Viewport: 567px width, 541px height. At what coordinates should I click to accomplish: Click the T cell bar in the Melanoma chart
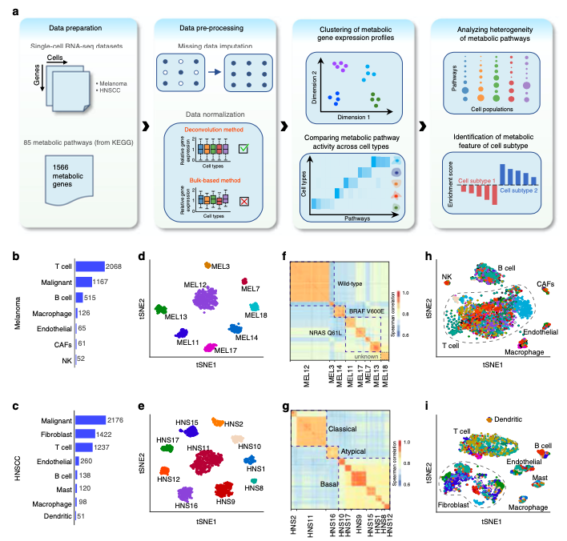(x=89, y=266)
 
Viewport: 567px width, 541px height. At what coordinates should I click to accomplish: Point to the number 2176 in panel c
(x=117, y=419)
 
